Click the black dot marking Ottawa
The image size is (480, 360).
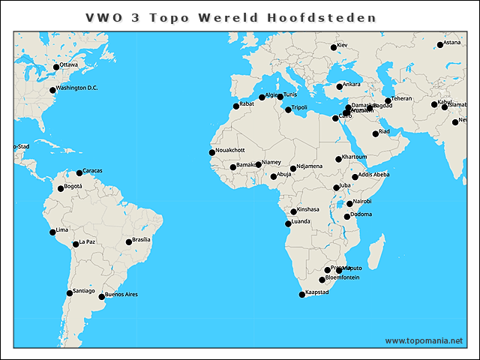pos(56,67)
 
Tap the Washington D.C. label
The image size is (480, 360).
pos(77,88)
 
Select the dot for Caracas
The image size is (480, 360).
pos(79,173)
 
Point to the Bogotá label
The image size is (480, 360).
pos(73,186)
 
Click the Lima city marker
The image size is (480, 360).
pos(52,232)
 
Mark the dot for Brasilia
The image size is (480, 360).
pos(128,242)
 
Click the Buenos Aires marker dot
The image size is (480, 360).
pos(102,296)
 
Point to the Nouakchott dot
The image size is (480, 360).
pos(212,153)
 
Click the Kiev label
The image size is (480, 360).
pos(343,46)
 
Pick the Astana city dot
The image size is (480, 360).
pos(440,45)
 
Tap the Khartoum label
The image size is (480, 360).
pos(355,157)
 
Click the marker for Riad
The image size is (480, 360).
pos(376,133)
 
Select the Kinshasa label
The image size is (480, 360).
pos(308,209)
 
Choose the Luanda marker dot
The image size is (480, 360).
pos(288,223)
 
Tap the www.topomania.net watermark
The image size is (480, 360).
pos(424,340)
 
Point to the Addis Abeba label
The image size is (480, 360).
pos(374,175)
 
